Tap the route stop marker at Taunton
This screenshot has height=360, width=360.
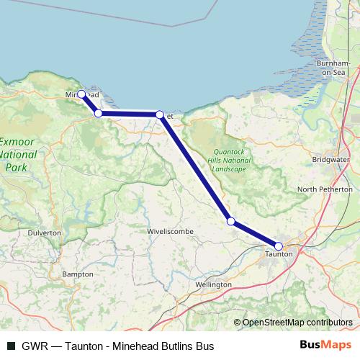point(279,246)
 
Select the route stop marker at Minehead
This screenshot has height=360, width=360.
point(81,94)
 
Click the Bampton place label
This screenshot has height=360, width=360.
point(78,275)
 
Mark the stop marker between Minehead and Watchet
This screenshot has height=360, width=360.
point(98,113)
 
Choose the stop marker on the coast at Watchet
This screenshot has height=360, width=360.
point(160,114)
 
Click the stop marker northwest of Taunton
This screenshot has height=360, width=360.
point(230,221)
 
